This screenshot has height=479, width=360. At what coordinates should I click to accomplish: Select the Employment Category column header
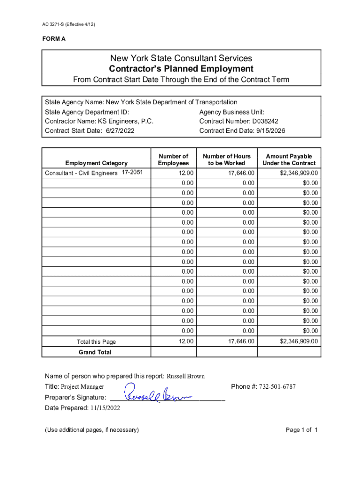96,163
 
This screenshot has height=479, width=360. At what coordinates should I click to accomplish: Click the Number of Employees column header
173,160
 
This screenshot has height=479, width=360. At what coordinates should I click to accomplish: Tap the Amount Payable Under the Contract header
289,160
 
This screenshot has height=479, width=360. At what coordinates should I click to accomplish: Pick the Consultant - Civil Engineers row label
81,174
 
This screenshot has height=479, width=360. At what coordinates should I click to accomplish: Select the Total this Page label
96,342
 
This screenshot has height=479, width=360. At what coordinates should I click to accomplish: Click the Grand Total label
95,352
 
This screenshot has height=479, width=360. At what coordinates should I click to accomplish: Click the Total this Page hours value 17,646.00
241,341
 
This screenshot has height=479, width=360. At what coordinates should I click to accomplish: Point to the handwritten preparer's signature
158,393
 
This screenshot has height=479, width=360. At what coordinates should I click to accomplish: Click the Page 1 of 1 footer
302,430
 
